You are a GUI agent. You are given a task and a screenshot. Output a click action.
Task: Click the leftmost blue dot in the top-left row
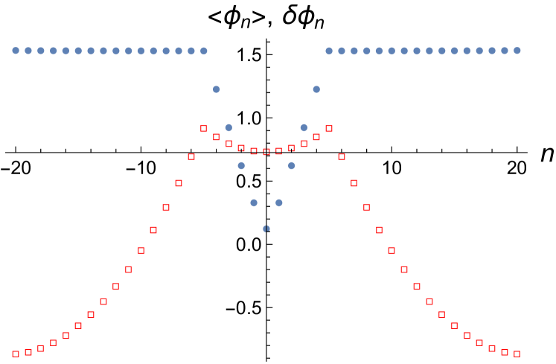click(16, 51)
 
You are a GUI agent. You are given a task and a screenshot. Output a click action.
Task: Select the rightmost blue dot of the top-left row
click(204, 51)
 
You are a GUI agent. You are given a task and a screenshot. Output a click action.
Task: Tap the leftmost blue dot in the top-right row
click(329, 51)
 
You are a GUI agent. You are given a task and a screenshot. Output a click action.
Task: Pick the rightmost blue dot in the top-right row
click(517, 51)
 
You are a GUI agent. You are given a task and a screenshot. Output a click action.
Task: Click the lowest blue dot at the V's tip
click(266, 229)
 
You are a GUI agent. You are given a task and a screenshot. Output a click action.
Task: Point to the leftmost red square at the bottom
click(16, 354)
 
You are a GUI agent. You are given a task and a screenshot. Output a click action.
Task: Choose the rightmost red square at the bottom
click(517, 354)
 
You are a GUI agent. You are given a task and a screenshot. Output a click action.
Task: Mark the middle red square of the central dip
click(266, 152)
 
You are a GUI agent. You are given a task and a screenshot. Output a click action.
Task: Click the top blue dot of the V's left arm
click(217, 89)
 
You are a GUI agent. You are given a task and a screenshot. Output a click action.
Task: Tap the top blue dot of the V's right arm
click(316, 89)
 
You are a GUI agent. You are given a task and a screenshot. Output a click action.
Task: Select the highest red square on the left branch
click(204, 128)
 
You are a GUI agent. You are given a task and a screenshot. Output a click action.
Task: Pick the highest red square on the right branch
click(329, 128)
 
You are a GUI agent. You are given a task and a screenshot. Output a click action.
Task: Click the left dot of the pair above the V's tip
click(254, 202)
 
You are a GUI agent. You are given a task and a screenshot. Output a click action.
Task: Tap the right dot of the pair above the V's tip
click(279, 202)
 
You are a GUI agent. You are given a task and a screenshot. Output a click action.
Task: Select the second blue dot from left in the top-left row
click(28, 51)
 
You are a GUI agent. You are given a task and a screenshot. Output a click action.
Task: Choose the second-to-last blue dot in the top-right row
click(505, 51)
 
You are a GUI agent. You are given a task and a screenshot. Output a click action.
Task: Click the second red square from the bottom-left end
click(28, 351)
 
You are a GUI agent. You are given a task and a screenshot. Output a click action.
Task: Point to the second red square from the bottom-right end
click(505, 351)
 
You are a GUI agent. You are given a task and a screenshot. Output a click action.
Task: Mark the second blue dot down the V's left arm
click(229, 127)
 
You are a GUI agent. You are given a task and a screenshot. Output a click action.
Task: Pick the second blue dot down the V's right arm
click(304, 127)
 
